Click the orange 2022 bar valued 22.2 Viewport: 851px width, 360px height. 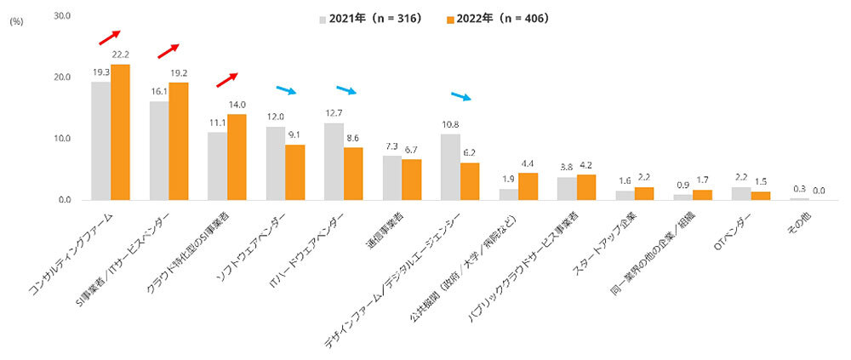[121, 132]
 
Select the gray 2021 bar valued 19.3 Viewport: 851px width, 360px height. [101, 140]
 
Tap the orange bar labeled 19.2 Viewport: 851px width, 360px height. [179, 141]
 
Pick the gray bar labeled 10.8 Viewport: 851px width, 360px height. [450, 167]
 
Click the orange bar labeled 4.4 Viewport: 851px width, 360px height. [528, 186]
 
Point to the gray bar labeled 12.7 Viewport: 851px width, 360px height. [334, 161]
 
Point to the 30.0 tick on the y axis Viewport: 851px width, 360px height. [63, 16]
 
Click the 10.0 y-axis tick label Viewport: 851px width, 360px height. [63, 139]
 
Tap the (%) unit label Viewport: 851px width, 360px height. [16, 23]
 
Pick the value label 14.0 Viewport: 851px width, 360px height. [236, 105]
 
